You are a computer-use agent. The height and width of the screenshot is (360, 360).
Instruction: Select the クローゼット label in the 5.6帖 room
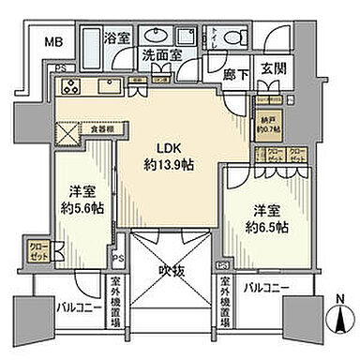coord(39,251)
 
